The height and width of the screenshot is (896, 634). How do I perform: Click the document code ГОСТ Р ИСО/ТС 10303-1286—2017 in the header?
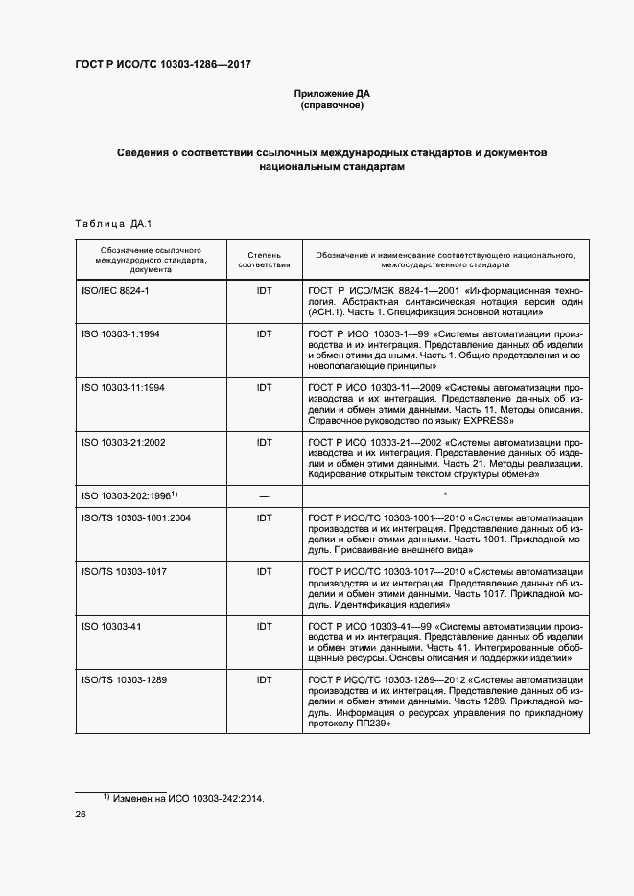click(163, 64)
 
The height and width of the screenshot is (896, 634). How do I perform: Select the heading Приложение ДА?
click(332, 93)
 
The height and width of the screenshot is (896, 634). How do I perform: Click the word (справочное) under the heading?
click(332, 105)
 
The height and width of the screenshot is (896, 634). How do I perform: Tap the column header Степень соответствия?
click(264, 260)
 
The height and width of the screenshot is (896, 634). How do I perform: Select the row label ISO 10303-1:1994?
click(121, 333)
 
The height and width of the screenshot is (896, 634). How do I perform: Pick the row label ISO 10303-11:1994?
click(124, 388)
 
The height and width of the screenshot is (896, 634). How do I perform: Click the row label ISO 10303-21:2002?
click(124, 443)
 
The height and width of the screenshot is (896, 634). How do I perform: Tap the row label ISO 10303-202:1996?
click(127, 495)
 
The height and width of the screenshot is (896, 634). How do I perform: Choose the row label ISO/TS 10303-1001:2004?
click(136, 518)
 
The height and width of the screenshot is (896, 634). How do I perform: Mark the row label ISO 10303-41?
click(111, 626)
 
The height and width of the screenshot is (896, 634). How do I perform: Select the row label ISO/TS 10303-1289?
click(125, 679)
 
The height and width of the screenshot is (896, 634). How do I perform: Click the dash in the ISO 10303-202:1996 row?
click(264, 496)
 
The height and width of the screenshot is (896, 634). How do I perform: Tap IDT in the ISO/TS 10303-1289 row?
click(264, 679)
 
